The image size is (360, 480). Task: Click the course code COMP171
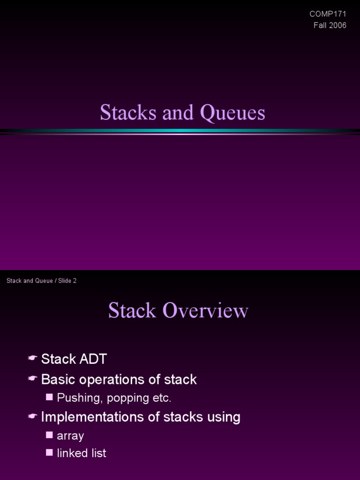pos(328,14)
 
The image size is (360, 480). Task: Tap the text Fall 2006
pos(330,25)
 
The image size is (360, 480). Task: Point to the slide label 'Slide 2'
pos(67,281)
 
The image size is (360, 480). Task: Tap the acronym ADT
pos(93,360)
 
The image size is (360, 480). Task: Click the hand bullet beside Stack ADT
pos(32,359)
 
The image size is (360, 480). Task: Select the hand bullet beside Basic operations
pos(32,379)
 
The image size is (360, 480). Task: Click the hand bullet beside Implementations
pos(32,416)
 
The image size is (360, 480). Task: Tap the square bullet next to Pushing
pos(50,397)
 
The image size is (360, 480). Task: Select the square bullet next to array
pos(50,435)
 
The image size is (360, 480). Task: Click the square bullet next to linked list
pos(50,452)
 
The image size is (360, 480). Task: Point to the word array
pos(70,436)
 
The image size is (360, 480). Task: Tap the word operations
pos(114,380)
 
